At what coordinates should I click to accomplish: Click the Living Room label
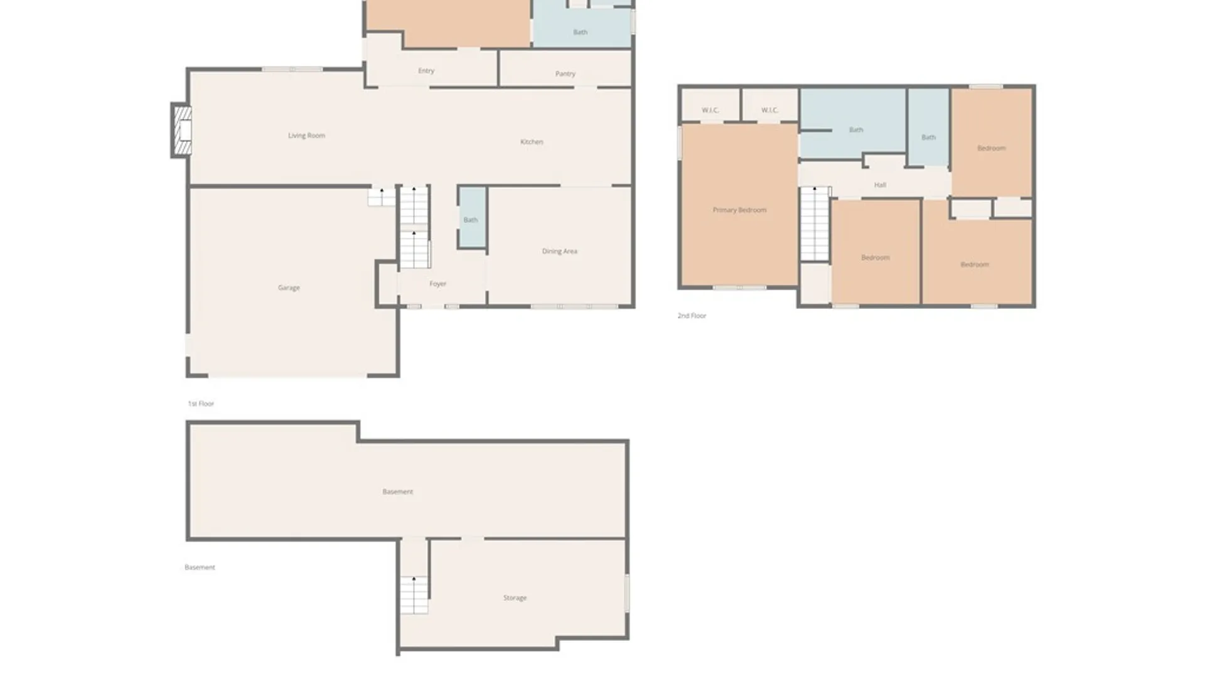306,136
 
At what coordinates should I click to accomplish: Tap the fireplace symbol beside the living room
182,131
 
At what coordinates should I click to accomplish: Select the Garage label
289,288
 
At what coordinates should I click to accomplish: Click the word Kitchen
532,142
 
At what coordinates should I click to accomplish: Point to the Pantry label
565,74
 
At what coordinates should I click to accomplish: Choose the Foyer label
437,284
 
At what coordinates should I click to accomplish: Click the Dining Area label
559,251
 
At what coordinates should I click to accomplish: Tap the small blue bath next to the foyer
472,217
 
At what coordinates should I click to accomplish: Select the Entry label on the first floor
426,71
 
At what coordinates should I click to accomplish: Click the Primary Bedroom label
739,210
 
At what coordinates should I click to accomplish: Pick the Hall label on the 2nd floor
880,185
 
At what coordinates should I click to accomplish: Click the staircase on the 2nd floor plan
815,223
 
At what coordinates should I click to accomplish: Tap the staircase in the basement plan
414,595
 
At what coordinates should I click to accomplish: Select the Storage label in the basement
515,598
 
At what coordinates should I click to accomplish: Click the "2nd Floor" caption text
692,316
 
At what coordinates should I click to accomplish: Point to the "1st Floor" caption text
201,404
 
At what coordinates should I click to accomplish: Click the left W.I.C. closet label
710,110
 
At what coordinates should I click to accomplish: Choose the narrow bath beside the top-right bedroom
928,127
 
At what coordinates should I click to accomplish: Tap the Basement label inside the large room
398,492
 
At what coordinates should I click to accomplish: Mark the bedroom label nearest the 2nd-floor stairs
875,257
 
